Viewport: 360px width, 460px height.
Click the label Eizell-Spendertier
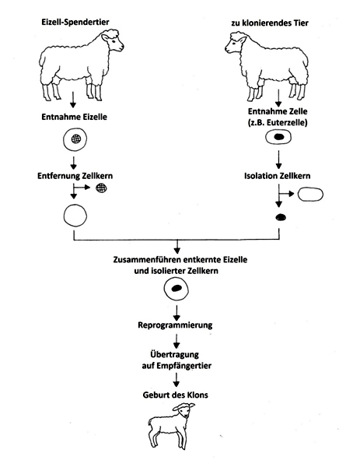(75, 23)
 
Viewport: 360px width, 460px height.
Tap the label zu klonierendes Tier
(270, 23)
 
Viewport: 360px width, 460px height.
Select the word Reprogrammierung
(175, 325)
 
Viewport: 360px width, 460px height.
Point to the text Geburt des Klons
(175, 395)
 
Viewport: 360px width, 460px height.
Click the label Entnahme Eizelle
(74, 117)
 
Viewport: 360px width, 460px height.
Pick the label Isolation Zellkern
(278, 176)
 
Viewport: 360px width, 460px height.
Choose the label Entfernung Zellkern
(75, 176)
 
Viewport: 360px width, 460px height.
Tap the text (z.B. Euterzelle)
(278, 123)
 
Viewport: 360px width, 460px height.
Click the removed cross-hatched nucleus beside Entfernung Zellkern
(101, 188)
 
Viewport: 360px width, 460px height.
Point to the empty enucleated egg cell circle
(75, 216)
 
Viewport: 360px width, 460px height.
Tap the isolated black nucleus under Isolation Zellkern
(281, 217)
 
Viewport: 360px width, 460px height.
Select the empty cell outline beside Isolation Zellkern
(310, 195)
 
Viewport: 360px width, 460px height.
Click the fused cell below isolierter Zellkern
(176, 289)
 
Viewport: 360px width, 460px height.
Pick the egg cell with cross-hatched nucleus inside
(75, 139)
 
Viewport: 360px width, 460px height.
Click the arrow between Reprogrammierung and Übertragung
(177, 342)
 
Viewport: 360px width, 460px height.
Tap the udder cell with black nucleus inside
(278, 137)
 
